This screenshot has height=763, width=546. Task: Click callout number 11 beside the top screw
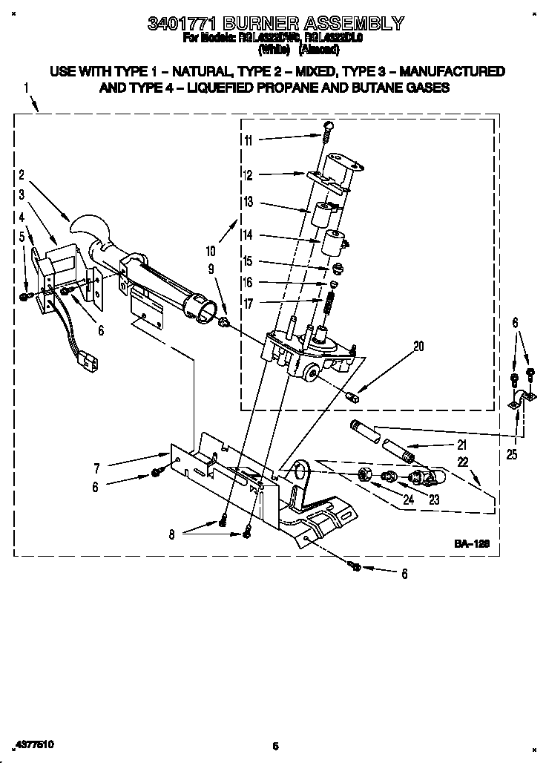tap(248, 140)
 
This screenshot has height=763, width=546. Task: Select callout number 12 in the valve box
tap(248, 176)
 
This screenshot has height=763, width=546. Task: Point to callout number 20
tap(419, 345)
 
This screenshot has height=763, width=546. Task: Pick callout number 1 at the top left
tap(26, 88)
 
